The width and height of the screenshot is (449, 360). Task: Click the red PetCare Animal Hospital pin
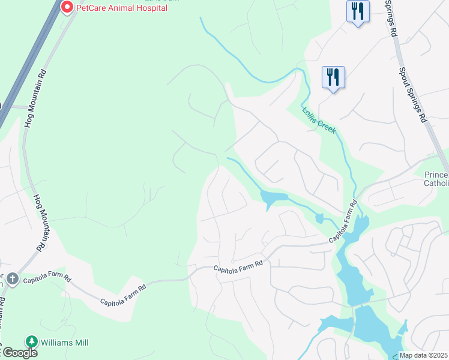coord(67,8)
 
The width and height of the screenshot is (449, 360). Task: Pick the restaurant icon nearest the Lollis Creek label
coord(333,77)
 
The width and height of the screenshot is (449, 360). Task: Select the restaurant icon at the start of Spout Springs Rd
coord(357,11)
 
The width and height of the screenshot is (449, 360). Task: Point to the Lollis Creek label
coord(319,121)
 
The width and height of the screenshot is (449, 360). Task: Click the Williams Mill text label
coord(64,343)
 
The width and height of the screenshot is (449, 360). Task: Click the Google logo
coord(19,353)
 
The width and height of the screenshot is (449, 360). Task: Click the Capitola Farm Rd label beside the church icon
coord(47,280)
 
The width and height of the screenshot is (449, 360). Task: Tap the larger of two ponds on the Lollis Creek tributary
coord(270,197)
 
